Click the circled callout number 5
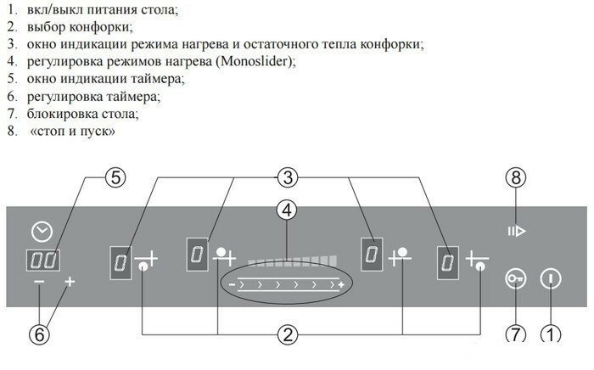[115, 177]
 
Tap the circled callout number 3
[287, 177]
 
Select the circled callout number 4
[288, 208]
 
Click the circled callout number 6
[39, 334]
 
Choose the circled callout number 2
[289, 334]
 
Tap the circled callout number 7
[516, 334]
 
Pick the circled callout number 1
[551, 334]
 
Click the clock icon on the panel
[40, 229]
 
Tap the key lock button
[515, 278]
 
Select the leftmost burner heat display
[120, 261]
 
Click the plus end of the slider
[341, 285]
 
